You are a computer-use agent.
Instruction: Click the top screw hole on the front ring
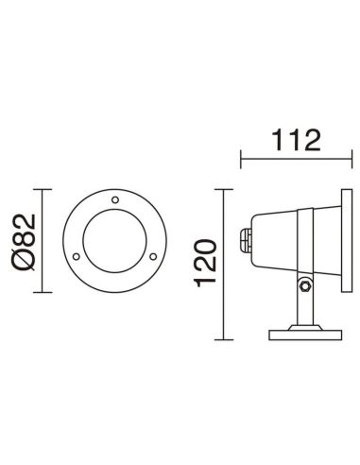pos(114,199)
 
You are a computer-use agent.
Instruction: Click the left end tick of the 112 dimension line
pos(242,157)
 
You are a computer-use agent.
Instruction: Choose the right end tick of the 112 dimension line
pos(342,157)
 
